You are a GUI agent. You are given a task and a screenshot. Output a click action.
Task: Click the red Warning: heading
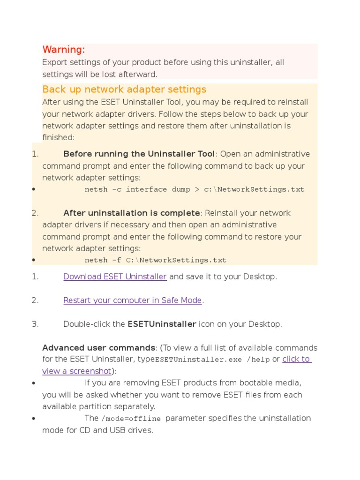[x=64, y=50]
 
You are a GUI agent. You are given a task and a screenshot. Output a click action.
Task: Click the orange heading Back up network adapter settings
[x=124, y=90]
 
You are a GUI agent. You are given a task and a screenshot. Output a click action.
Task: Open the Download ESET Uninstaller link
[x=115, y=277]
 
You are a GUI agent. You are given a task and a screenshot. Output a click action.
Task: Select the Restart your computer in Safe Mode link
[x=132, y=300]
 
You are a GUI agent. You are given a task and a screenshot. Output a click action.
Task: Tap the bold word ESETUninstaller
[x=162, y=324]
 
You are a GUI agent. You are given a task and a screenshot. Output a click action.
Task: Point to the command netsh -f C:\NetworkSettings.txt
[x=155, y=260]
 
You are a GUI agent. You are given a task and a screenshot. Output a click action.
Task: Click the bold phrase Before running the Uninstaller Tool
[x=139, y=154]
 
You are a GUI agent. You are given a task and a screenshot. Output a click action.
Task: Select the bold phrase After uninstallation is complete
[x=132, y=213]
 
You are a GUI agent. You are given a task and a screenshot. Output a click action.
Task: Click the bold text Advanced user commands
[x=98, y=348]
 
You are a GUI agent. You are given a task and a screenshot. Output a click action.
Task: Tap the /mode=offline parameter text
[x=131, y=419]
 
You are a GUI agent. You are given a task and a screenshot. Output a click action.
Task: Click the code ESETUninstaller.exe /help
[x=212, y=360]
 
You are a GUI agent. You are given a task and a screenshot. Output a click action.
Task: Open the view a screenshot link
[x=76, y=371]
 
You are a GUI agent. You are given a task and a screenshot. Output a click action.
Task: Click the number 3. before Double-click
[x=35, y=324]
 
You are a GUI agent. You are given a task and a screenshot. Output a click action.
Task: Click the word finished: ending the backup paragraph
[x=59, y=137]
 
